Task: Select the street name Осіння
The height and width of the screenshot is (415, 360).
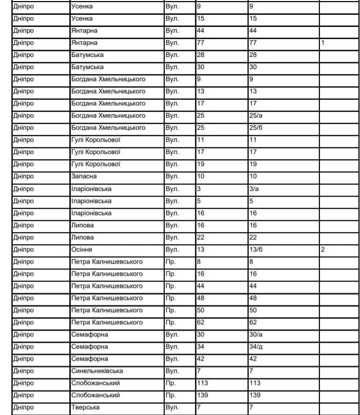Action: click(82, 249)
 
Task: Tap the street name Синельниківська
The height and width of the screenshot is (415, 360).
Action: click(97, 371)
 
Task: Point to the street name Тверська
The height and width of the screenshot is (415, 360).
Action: click(85, 408)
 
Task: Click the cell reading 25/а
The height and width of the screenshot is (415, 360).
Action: click(256, 115)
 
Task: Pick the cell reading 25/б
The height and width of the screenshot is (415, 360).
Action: click(256, 128)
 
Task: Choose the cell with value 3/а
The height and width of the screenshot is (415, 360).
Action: click(254, 189)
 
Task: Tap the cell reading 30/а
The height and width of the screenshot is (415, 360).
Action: click(256, 335)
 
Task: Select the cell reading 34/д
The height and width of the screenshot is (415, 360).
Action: click(256, 347)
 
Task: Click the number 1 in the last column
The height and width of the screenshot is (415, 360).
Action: click(323, 43)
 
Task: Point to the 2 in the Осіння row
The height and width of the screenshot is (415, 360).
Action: click(323, 249)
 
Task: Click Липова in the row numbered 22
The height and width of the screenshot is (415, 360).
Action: click(82, 237)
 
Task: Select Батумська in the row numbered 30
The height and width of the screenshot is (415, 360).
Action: click(87, 67)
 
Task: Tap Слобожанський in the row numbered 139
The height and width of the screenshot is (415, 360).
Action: click(95, 395)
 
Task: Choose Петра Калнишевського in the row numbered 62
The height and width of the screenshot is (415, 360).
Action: click(107, 322)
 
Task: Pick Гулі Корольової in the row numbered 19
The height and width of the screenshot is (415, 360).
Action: click(96, 164)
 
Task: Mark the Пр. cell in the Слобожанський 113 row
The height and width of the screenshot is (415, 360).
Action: click(170, 383)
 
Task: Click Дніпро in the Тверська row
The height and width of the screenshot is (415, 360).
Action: click(23, 408)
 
